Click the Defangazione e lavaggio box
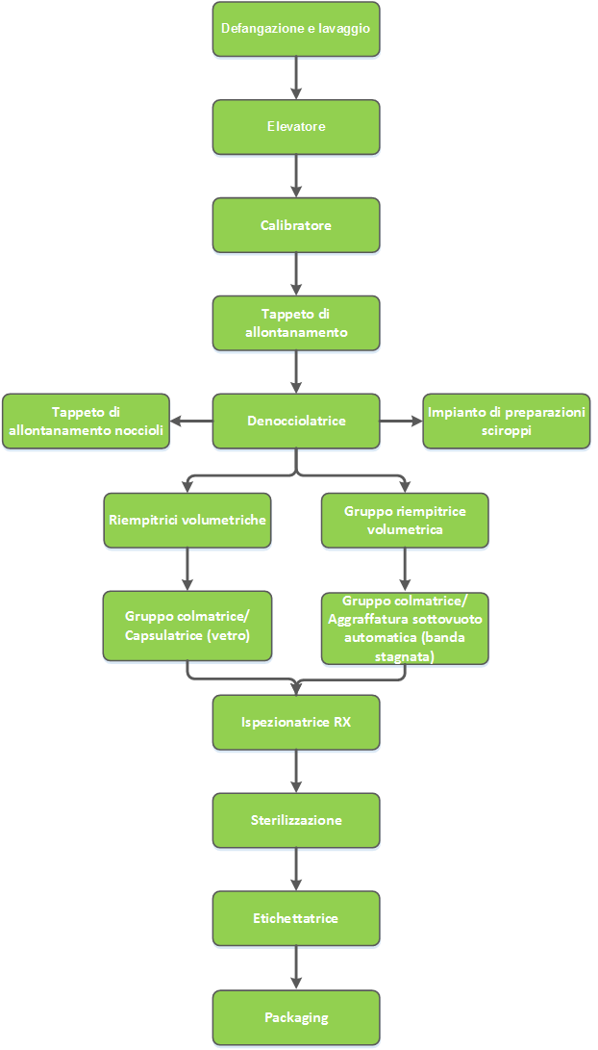pyautogui.click(x=296, y=29)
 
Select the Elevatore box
pyautogui.click(x=296, y=127)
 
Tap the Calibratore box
pyautogui.click(x=296, y=225)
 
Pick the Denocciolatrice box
pyautogui.click(x=296, y=422)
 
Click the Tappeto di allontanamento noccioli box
pyautogui.click(x=87, y=422)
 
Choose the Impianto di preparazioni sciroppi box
pyautogui.click(x=507, y=422)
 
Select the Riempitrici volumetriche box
pyautogui.click(x=187, y=521)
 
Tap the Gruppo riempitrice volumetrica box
pyautogui.click(x=405, y=521)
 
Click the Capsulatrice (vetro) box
pyautogui.click(x=187, y=626)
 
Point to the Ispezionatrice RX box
pyautogui.click(x=296, y=723)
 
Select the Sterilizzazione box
pyautogui.click(x=296, y=820)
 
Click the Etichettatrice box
pyautogui.click(x=296, y=918)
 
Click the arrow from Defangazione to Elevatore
pyautogui.click(x=296, y=78)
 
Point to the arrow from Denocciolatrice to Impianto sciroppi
pyautogui.click(x=401, y=422)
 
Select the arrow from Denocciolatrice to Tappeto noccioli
pyautogui.click(x=191, y=422)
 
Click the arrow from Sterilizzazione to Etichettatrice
pyautogui.click(x=296, y=869)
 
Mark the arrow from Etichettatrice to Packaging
pyautogui.click(x=296, y=967)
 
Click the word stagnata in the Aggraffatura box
pyautogui.click(x=405, y=657)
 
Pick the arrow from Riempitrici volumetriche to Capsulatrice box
pyautogui.click(x=187, y=569)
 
